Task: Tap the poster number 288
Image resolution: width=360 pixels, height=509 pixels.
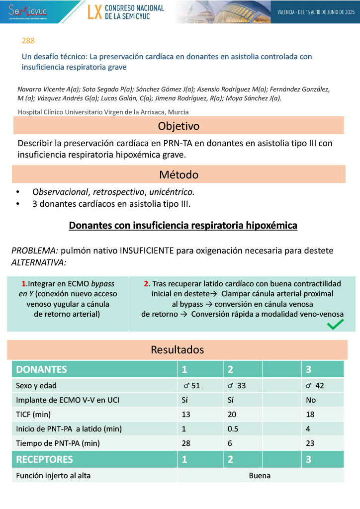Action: tap(28, 41)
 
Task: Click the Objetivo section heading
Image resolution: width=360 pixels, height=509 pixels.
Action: tap(179, 125)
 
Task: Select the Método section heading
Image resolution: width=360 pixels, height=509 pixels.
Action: tap(179, 174)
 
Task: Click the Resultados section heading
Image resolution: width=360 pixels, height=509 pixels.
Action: tap(177, 349)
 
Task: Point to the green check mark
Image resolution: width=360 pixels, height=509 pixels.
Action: tap(336, 325)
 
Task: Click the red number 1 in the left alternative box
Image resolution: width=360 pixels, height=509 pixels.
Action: tap(24, 284)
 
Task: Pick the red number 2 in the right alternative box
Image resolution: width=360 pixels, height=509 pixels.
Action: tap(146, 284)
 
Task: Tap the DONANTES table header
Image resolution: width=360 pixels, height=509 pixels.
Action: tap(42, 370)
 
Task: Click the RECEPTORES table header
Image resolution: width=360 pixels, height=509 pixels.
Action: tap(45, 459)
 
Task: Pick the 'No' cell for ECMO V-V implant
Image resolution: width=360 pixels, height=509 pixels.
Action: tap(311, 400)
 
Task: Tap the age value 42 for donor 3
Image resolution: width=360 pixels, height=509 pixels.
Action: tap(320, 385)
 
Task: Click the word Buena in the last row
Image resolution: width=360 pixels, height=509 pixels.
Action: tap(260, 476)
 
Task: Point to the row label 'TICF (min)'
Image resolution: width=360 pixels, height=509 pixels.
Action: tap(33, 414)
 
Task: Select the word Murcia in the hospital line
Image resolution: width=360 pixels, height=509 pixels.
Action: tap(177, 112)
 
